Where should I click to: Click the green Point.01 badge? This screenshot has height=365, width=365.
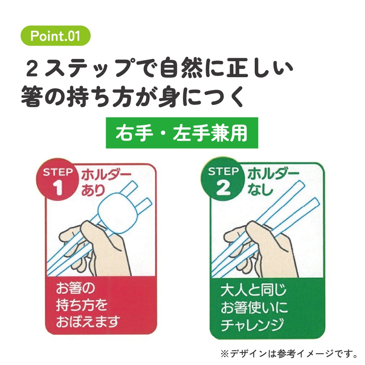[x=56, y=36]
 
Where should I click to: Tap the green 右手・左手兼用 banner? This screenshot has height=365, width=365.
[x=182, y=133]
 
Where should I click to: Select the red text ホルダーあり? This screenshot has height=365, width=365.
[x=106, y=183]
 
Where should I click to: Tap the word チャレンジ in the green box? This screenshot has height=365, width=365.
[x=252, y=324]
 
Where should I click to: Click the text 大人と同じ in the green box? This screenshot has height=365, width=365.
[x=253, y=290]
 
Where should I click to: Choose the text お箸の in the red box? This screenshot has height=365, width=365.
[x=75, y=288]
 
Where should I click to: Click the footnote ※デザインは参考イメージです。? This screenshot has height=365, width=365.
[x=289, y=354]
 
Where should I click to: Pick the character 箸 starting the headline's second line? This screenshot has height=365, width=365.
[x=32, y=96]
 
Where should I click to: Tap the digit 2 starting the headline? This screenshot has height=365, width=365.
[x=32, y=68]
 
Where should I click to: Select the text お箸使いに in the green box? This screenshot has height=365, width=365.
[x=254, y=307]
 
